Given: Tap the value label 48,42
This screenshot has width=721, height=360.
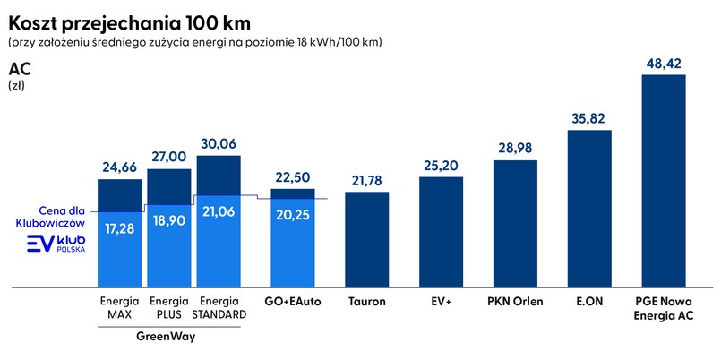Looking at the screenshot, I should [x=664, y=64].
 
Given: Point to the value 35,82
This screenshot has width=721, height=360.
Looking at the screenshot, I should [x=589, y=119].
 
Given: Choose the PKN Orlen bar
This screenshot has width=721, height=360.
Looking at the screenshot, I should [x=515, y=224].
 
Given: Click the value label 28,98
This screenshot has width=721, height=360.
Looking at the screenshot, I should [x=515, y=149].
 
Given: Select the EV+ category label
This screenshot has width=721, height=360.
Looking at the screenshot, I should [x=441, y=302].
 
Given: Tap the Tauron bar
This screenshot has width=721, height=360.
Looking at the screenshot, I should [x=367, y=240].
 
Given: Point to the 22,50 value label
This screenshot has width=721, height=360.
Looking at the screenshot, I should [x=293, y=177].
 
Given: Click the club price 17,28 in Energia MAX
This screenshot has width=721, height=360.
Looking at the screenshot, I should [x=120, y=228].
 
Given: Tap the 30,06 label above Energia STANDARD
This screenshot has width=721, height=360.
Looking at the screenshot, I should [x=219, y=144].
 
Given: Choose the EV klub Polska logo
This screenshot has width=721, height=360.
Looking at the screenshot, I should [x=59, y=244].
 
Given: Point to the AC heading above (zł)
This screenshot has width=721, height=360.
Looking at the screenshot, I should [x=19, y=69].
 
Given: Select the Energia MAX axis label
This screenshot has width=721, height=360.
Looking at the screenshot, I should [x=120, y=308].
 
